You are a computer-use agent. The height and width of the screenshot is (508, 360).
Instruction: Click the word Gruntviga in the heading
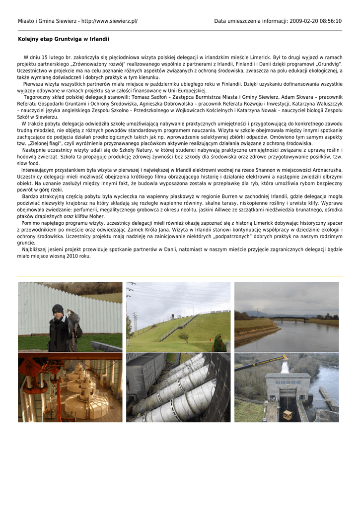pos(62,39)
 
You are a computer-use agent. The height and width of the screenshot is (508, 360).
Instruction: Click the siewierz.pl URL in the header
pos(109,21)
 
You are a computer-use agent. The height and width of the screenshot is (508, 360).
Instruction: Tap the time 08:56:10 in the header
pos(330,21)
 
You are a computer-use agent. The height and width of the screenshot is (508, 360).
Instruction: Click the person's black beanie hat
pos(58,308)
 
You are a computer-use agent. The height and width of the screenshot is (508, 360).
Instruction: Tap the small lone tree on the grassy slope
pos(184,337)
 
